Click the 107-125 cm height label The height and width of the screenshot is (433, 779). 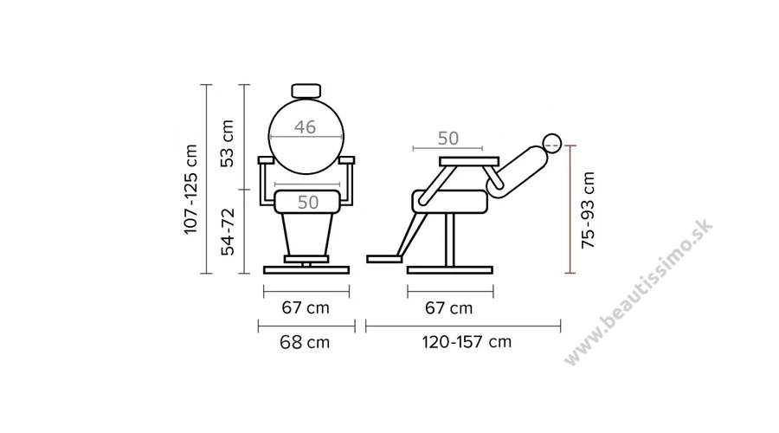pos(191,189)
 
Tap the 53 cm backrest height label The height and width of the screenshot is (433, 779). pos(227,144)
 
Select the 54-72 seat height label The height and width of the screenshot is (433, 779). pos(228,232)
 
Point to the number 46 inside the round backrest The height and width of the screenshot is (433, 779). pos(305,127)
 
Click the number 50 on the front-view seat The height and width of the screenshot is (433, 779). pos(308,203)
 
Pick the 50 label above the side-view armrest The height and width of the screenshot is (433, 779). pos(448,139)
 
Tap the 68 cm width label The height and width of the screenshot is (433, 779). pos(305,342)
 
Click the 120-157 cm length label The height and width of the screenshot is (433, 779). pos(467,342)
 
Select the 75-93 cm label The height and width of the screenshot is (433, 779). pos(589,210)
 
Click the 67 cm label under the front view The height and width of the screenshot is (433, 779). pos(306,307)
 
